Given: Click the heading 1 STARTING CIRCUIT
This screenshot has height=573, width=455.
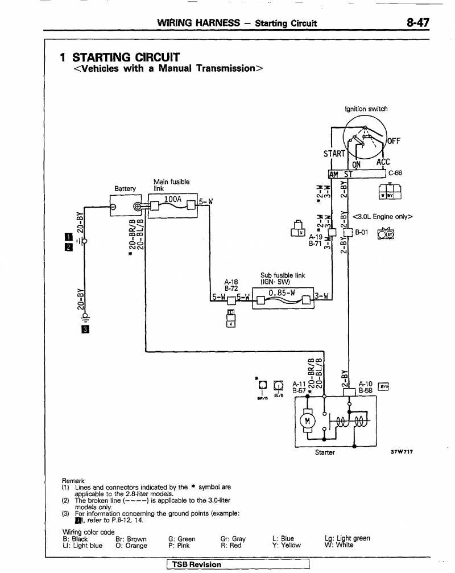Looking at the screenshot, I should pos(120,57).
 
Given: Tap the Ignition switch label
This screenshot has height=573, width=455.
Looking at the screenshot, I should pos(366,109).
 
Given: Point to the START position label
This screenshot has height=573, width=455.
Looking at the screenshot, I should pos(334,154).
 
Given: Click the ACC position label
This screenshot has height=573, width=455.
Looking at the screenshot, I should pos(383,162).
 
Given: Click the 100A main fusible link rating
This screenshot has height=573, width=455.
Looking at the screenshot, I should pos(172,199).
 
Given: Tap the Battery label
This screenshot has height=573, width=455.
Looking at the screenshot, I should pos(125,188).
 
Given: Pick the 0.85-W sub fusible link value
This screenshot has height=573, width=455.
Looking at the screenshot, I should pos(282,292).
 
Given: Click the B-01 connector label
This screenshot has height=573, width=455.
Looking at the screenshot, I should pos(362,232).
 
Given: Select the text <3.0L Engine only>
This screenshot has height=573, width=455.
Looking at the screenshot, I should pos(382,216).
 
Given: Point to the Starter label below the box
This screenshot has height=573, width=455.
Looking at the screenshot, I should pos(325,452).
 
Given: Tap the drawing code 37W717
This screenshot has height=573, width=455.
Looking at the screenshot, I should pos(402,452).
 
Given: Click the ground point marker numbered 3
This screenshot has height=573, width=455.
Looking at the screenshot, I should pos(84,329).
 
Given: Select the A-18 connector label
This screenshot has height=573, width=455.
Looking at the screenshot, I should pos(231,282).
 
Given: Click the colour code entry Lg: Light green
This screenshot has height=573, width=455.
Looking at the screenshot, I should pos(347,538).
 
